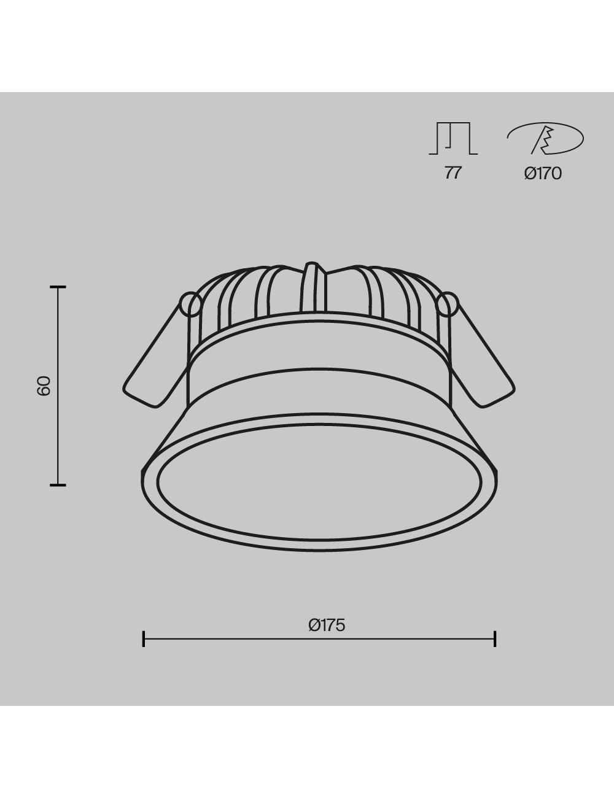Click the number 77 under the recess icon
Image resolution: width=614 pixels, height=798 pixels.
click(453, 172)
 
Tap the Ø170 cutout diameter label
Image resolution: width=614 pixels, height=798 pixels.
click(543, 173)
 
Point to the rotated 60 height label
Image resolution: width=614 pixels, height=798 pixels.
click(44, 385)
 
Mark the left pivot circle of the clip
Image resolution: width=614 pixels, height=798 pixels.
click(190, 304)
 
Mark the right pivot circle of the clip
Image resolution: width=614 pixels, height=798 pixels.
click(448, 304)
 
